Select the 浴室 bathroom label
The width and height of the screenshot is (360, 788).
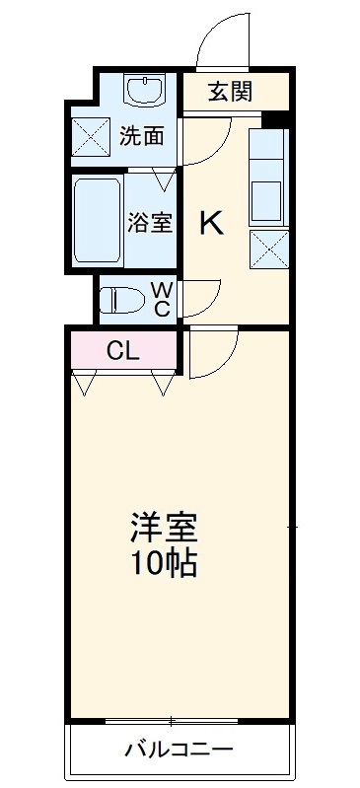point(149,222)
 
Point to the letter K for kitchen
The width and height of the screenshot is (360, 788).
point(212,224)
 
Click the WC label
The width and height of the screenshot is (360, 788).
point(162,298)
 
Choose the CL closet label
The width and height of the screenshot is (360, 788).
point(123,349)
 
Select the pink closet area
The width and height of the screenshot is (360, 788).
point(123,349)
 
